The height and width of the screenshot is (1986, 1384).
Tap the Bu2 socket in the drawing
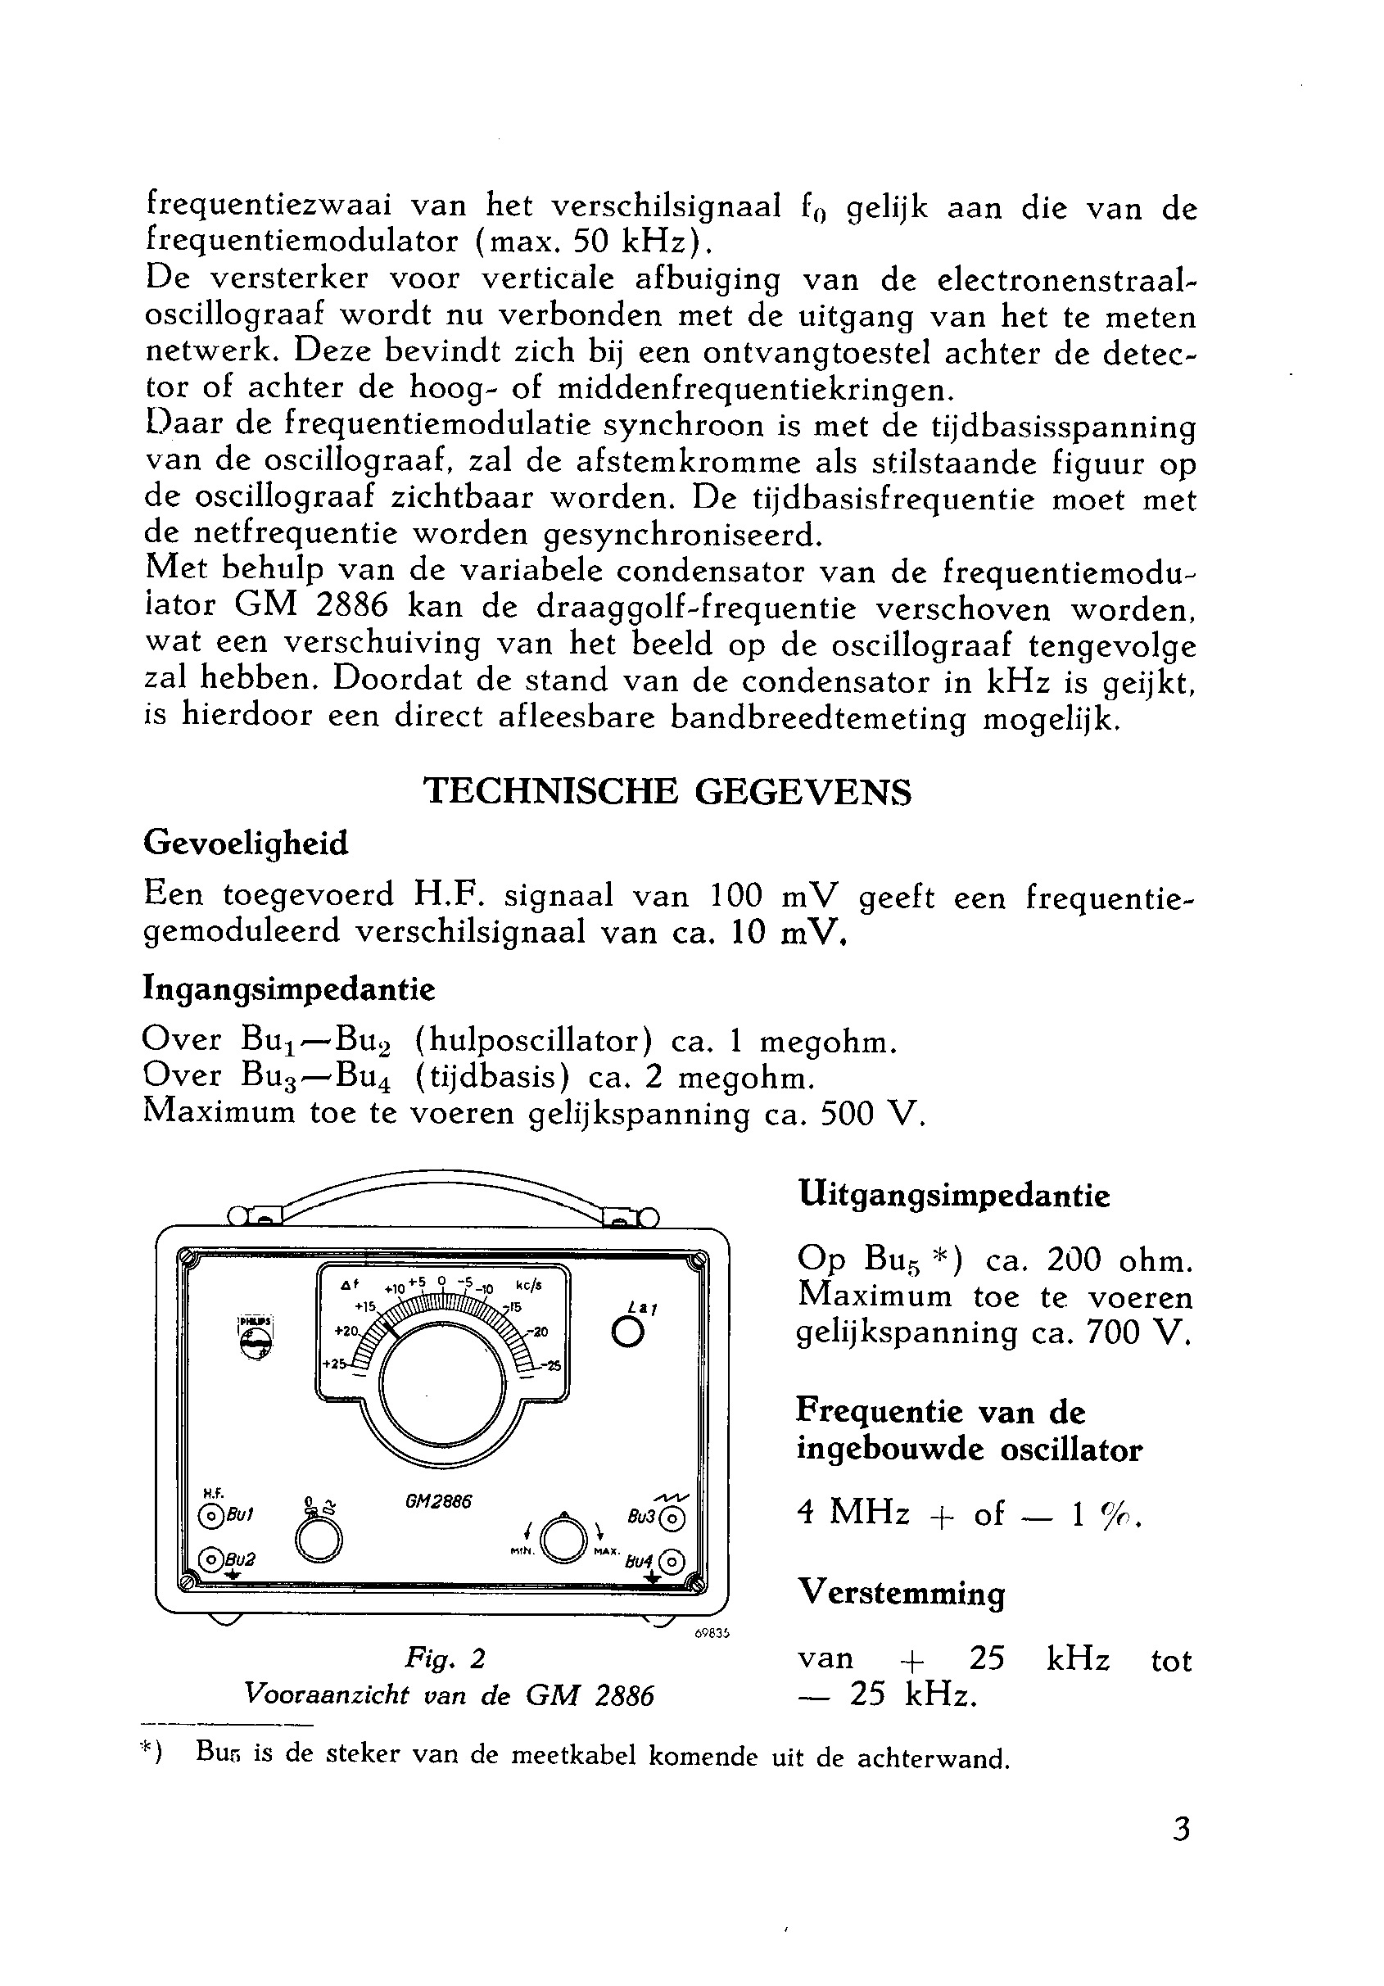pyautogui.click(x=210, y=1558)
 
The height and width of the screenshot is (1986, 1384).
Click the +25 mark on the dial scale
pyautogui.click(x=334, y=1364)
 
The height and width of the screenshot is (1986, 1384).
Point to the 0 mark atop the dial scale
pyautogui.click(x=441, y=1281)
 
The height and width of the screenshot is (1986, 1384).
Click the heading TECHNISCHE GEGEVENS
pyautogui.click(x=667, y=791)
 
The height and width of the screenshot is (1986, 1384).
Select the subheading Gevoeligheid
pyautogui.click(x=246, y=843)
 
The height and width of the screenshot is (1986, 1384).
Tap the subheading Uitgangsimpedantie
pyautogui.click(x=952, y=1196)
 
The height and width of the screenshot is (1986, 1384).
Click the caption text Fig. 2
pyautogui.click(x=445, y=1658)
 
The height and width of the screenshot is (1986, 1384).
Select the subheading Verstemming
pyautogui.click(x=901, y=1592)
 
